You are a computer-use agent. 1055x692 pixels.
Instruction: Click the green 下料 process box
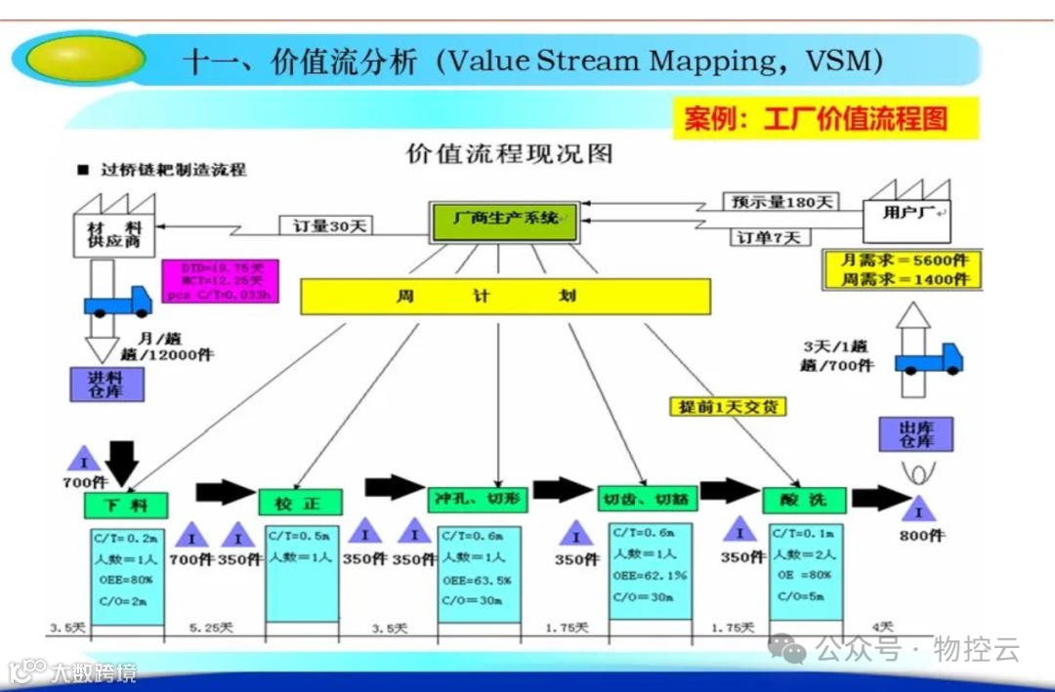125,505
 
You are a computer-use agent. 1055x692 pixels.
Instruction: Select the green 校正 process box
301,503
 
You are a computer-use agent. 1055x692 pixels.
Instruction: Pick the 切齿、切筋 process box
645,499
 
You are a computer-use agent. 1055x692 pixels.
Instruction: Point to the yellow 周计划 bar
505,296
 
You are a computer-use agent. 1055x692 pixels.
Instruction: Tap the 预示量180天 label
782,202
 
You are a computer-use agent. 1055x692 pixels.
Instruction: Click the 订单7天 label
768,236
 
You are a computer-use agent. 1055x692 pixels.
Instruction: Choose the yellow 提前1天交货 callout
728,406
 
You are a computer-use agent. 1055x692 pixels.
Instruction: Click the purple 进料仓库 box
107,384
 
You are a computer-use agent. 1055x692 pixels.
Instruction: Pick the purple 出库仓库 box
915,433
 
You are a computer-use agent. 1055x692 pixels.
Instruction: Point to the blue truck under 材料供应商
117,301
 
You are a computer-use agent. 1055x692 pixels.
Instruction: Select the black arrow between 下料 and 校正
225,492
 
